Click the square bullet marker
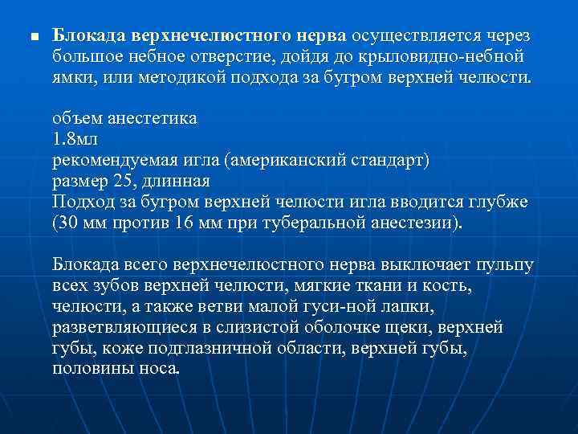click(32, 37)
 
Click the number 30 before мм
click(69, 222)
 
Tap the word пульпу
click(504, 264)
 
